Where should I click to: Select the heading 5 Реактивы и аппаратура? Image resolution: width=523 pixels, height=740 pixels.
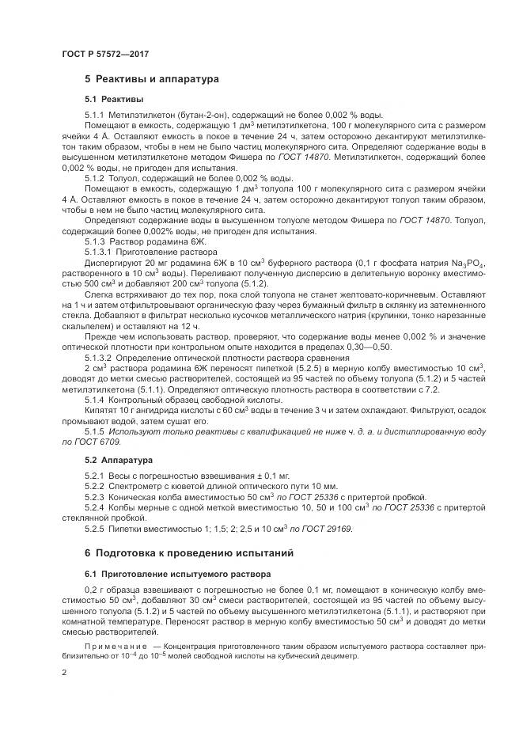pyautogui.click(x=152, y=79)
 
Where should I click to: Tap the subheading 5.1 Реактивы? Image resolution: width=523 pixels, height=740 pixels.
pyautogui.click(x=114, y=100)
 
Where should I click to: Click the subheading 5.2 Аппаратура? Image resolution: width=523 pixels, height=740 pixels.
pyautogui.click(x=119, y=459)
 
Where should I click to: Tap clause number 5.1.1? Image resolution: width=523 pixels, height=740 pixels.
pyautogui.click(x=95, y=116)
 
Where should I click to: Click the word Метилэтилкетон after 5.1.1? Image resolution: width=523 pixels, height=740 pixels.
pyautogui.click(x=138, y=116)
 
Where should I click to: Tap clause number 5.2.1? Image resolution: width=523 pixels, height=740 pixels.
pyautogui.click(x=95, y=474)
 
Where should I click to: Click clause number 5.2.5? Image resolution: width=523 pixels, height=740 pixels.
pyautogui.click(x=95, y=528)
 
